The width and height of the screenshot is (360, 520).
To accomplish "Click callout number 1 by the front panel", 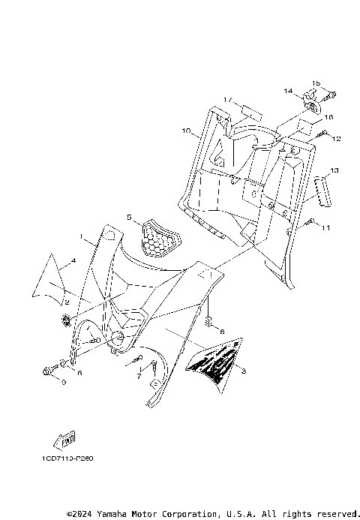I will coord(82,236).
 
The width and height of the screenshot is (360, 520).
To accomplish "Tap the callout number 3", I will coord(243,371).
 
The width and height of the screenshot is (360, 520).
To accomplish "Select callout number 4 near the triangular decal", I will coord(73,261).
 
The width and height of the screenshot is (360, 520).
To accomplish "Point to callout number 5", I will coord(129,218).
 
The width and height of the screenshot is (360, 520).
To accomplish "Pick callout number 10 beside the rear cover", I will coord(184,131).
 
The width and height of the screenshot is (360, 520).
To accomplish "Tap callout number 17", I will coord(226,99).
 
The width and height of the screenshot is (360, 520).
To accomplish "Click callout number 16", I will coord(328,117).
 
